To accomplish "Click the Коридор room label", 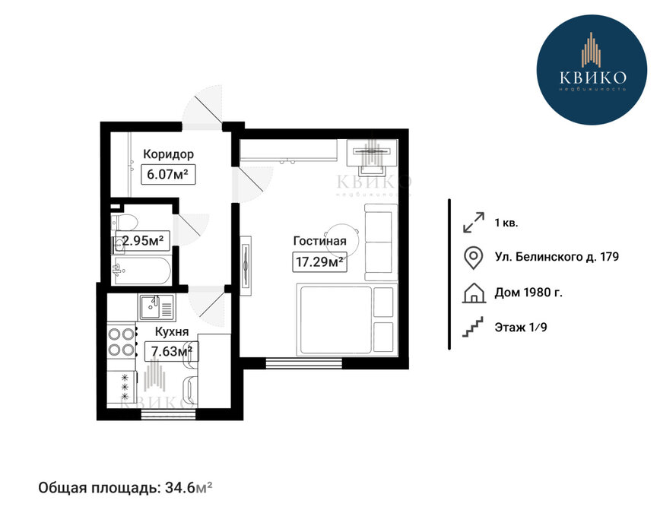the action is [x=168, y=154].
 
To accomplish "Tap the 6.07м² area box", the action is [x=168, y=174].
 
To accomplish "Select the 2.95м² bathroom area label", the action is [x=143, y=241].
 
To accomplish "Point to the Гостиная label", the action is [x=320, y=241].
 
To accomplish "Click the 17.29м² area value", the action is [x=320, y=262].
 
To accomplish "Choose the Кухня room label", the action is [x=172, y=332].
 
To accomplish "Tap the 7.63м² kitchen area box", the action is [x=171, y=351].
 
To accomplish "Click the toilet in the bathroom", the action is [x=124, y=222].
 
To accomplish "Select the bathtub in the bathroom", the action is [x=141, y=271].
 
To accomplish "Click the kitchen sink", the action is [x=156, y=307].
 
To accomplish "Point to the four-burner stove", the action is [x=122, y=341].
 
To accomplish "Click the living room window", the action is [x=303, y=363].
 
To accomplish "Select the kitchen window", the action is [x=168, y=414].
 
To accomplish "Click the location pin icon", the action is [x=473, y=258].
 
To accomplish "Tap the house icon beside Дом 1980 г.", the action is [x=474, y=293].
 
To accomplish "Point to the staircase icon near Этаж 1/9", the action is [x=473, y=327].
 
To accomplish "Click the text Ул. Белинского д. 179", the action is [x=557, y=257].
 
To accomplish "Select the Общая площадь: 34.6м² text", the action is [x=125, y=488].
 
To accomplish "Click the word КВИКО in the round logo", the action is [x=593, y=78].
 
